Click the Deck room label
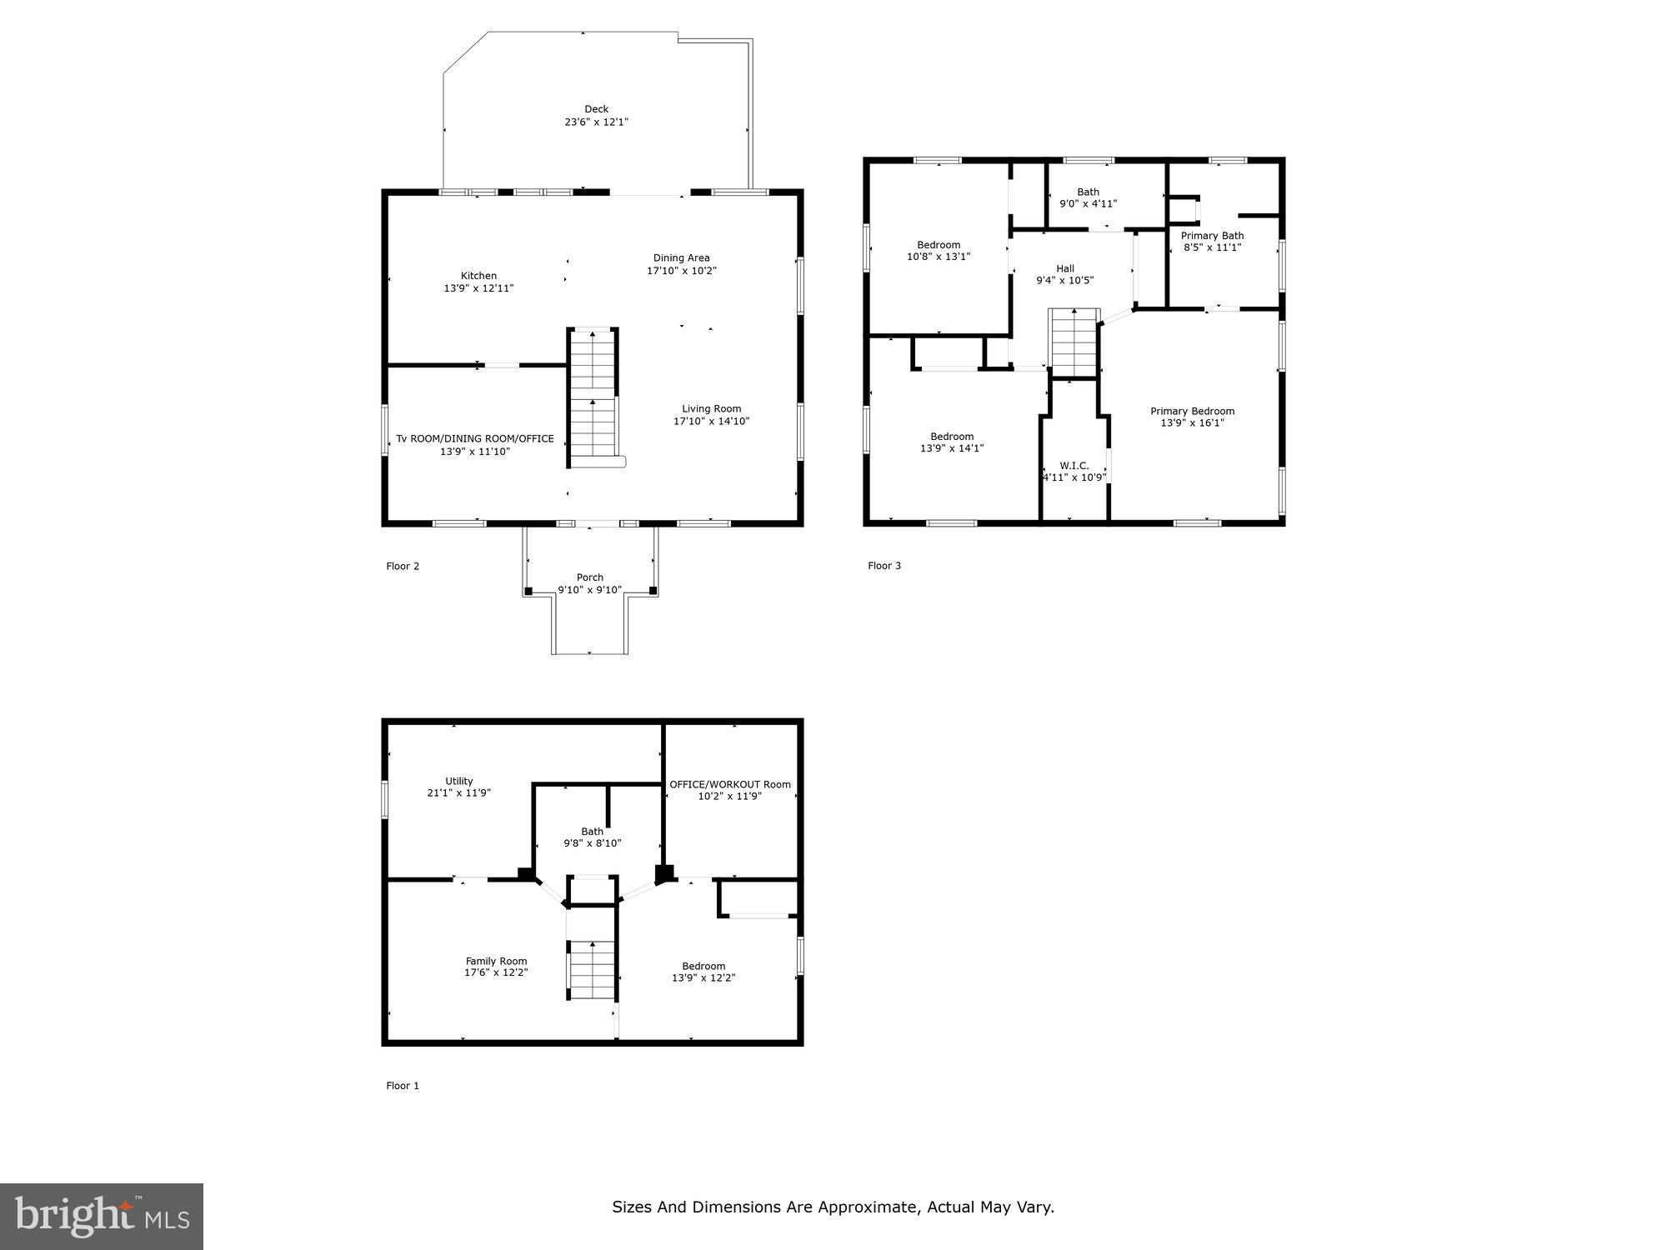click(596, 109)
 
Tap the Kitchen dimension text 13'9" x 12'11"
click(478, 288)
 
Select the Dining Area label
click(681, 258)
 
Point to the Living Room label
click(711, 408)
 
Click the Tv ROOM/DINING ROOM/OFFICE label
click(474, 438)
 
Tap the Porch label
click(589, 577)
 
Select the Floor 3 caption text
click(884, 566)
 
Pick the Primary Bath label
click(1212, 236)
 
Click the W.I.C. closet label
click(1074, 466)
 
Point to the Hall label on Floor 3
click(1064, 268)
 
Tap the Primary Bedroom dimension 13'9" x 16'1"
click(1192, 423)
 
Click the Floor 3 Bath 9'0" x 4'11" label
click(1088, 197)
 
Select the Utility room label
click(458, 781)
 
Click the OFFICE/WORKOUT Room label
click(729, 784)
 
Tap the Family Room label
click(496, 961)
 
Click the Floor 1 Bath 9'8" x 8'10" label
click(592, 837)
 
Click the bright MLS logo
click(102, 1216)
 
